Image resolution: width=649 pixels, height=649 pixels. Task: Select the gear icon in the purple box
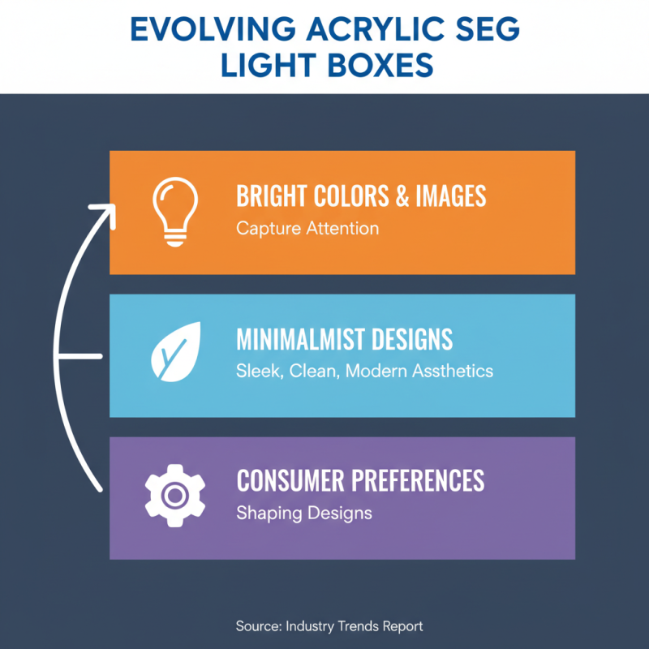[174, 495]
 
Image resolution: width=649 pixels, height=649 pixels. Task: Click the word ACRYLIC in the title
[363, 29]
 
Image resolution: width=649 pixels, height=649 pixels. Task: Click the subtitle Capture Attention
[307, 228]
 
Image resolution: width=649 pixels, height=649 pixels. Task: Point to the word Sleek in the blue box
[256, 372]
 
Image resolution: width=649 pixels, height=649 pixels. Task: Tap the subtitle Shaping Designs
[303, 513]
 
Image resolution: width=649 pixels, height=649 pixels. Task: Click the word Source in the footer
[256, 626]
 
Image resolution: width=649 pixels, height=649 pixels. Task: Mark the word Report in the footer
[402, 626]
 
